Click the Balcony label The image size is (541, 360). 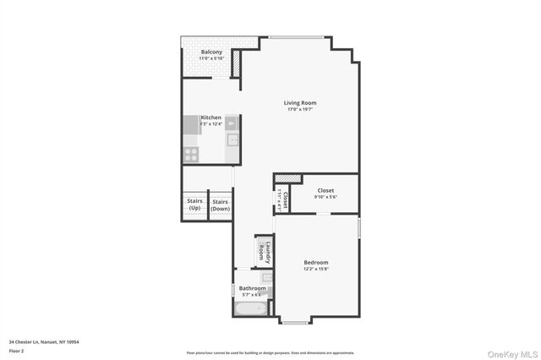[211, 52]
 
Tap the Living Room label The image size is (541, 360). [300, 103]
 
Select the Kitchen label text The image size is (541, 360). [210, 117]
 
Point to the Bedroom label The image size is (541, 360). [315, 263]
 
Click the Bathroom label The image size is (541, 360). [252, 288]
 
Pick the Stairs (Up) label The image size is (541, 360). [194, 205]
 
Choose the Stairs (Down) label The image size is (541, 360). [221, 205]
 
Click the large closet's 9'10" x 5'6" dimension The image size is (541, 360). [326, 197]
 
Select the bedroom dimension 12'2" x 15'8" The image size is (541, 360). [315, 270]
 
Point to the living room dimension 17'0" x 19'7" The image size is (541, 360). [300, 110]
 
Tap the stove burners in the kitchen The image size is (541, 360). [191, 154]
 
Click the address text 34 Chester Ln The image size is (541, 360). [43, 341]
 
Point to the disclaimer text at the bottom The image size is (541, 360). [270, 353]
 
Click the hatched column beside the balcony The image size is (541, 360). [237, 64]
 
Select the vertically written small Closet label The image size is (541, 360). [286, 200]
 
